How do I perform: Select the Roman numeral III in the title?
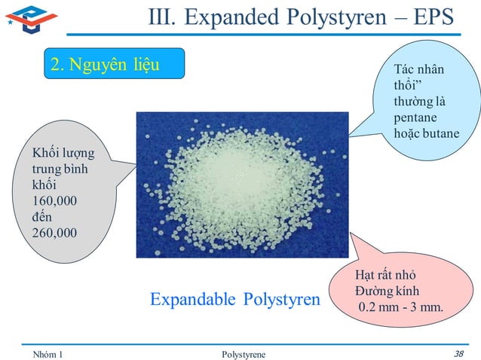(x=161, y=17)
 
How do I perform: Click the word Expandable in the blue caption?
(x=194, y=301)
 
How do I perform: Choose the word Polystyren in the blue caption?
(x=281, y=301)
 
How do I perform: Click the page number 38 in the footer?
(x=459, y=352)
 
